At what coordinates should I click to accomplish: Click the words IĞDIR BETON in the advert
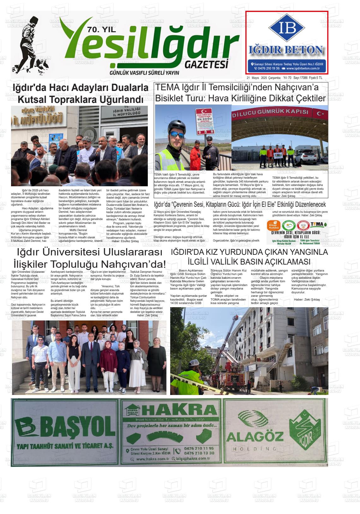click(286, 50)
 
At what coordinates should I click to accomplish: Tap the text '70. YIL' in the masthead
click(101, 30)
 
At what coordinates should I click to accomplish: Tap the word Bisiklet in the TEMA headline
click(171, 99)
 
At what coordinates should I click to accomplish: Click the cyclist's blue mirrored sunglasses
click(177, 134)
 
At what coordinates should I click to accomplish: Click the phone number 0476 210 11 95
click(199, 448)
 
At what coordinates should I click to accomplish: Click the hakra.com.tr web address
click(153, 459)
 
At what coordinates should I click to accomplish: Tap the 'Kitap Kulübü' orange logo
click(273, 225)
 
